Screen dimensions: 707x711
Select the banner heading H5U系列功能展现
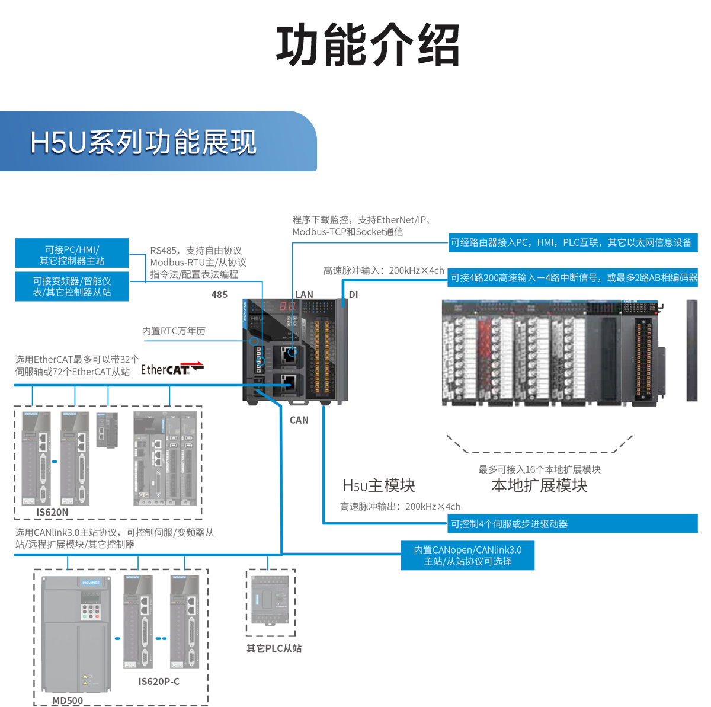[143, 143]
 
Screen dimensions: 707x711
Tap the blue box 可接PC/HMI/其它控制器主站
[72, 255]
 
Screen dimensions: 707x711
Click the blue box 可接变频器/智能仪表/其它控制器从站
[72, 287]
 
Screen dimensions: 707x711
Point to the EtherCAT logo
[172, 369]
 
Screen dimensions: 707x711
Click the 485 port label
[219, 295]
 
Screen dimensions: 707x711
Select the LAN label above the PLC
[304, 295]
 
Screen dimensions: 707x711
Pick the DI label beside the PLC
[353, 295]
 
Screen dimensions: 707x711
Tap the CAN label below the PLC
[299, 420]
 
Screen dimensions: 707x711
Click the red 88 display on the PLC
[287, 306]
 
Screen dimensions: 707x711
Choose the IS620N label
[52, 513]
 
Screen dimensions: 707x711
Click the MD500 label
[68, 700]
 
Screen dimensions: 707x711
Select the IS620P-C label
[159, 682]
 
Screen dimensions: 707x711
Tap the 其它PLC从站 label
[274, 648]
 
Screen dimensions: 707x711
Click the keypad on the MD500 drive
[91, 612]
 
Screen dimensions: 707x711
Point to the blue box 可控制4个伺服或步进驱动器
[572, 524]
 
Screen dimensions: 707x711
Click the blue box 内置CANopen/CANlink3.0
[467, 555]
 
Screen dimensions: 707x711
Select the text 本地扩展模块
[539, 485]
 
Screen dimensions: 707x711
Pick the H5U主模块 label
[379, 485]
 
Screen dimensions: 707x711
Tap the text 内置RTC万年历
[174, 331]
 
